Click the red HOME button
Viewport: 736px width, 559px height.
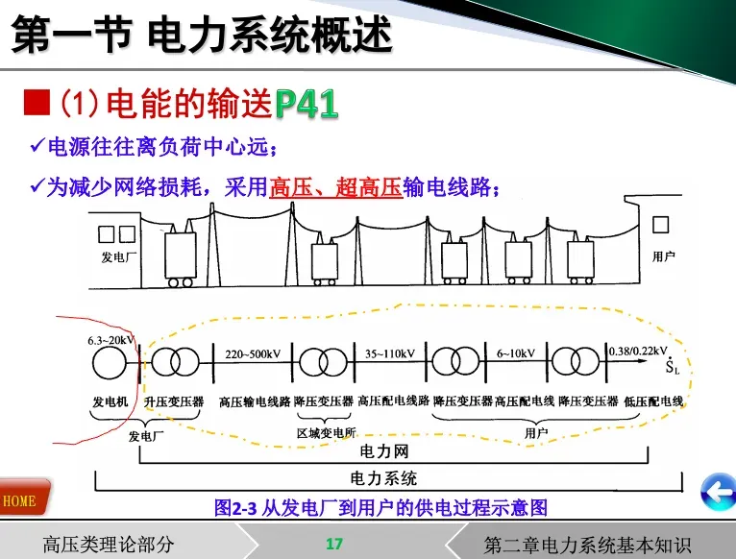click(20, 500)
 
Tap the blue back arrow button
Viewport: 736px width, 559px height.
click(716, 493)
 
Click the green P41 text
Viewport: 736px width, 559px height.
click(307, 105)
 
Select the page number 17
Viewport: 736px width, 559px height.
click(333, 544)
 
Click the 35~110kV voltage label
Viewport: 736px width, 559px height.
click(389, 353)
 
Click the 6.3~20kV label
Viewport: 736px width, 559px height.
click(111, 339)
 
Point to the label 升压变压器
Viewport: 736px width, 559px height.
click(174, 401)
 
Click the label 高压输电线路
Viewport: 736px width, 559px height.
click(255, 401)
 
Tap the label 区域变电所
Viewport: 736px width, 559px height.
click(326, 433)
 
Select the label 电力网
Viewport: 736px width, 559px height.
click(383, 450)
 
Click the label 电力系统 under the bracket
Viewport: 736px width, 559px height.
click(383, 477)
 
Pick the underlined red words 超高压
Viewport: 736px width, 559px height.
click(368, 187)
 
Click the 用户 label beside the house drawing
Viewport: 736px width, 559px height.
click(663, 256)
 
